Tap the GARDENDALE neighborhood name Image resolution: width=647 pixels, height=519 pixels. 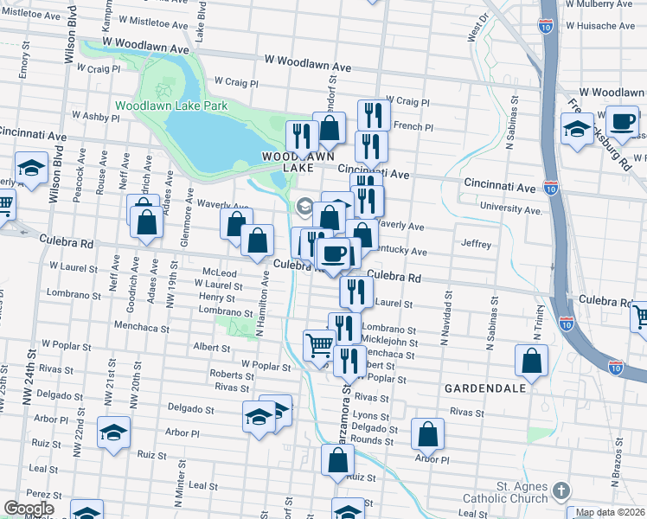click(484, 388)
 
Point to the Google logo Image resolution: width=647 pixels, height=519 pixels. click(29, 509)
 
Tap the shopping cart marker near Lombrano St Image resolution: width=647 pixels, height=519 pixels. click(319, 346)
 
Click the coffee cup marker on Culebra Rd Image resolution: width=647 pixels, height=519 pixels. click(334, 253)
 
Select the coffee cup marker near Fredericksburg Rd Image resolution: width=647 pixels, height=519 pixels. click(621, 121)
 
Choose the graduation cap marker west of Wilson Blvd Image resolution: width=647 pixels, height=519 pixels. click(31, 168)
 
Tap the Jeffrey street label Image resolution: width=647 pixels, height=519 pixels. click(477, 245)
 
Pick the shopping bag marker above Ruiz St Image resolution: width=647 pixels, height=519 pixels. click(337, 460)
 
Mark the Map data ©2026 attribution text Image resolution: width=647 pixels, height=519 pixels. click(611, 513)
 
